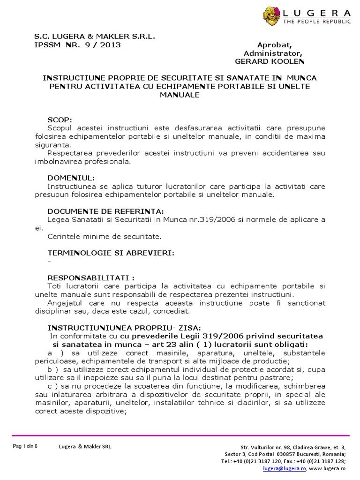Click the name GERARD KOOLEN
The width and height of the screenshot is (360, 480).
(262, 61)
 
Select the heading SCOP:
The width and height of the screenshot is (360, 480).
(60, 120)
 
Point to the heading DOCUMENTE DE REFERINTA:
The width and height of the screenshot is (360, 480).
(106, 211)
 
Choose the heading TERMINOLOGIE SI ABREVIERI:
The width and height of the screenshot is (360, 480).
(111, 253)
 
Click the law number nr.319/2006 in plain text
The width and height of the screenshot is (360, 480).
(217, 220)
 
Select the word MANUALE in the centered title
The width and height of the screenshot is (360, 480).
(180, 95)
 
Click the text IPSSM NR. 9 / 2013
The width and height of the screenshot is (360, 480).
(77, 45)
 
